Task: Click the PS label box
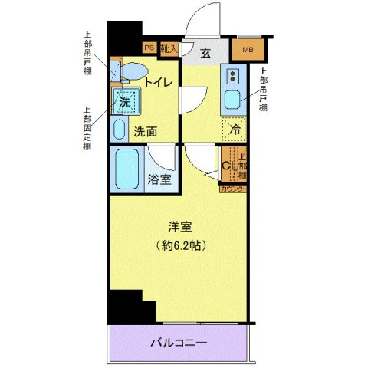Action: pyautogui.click(x=149, y=48)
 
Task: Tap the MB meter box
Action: pyautogui.click(x=248, y=51)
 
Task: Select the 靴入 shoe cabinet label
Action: pyautogui.click(x=169, y=48)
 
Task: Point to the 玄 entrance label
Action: pyautogui.click(x=206, y=53)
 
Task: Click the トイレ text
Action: pyautogui.click(x=158, y=81)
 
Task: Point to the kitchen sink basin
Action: pyautogui.click(x=232, y=100)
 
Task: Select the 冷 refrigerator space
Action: pyautogui.click(x=235, y=129)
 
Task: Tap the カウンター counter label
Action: pyautogui.click(x=233, y=189)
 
